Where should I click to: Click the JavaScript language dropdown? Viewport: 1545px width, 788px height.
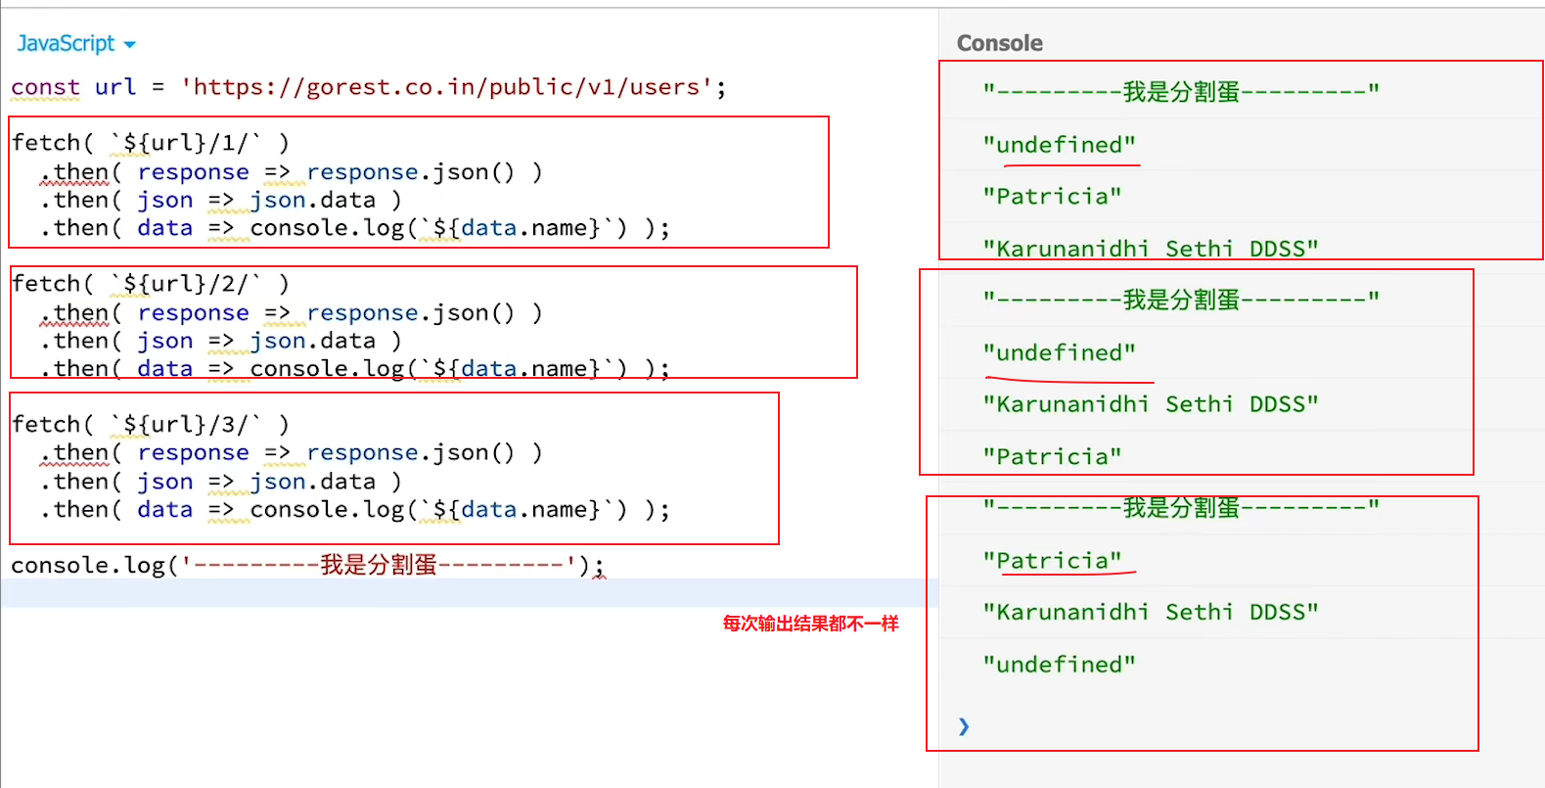(x=75, y=44)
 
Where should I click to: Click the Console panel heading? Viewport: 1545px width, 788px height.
(x=999, y=43)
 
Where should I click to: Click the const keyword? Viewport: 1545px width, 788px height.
(x=45, y=87)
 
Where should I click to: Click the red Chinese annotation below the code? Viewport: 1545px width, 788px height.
(x=810, y=624)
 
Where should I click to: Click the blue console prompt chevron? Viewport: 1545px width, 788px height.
(x=964, y=725)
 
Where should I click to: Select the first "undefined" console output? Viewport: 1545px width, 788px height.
(x=1060, y=145)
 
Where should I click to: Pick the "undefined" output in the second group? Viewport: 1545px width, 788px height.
(x=1060, y=352)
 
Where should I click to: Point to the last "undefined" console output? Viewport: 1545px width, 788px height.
(x=1060, y=665)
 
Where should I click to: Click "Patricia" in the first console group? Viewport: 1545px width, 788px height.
(x=1052, y=197)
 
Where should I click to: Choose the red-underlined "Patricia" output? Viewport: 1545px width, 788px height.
(x=1052, y=561)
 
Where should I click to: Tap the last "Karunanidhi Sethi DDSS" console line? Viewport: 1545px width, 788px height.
(x=1151, y=613)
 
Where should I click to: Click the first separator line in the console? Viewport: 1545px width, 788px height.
(x=1181, y=92)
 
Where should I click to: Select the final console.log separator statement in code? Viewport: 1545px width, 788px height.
(x=307, y=566)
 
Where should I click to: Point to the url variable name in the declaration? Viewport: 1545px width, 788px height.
(x=115, y=87)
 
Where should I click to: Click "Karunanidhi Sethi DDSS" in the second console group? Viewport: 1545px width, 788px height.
(x=1151, y=404)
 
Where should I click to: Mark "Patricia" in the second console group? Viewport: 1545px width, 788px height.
(x=1052, y=457)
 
